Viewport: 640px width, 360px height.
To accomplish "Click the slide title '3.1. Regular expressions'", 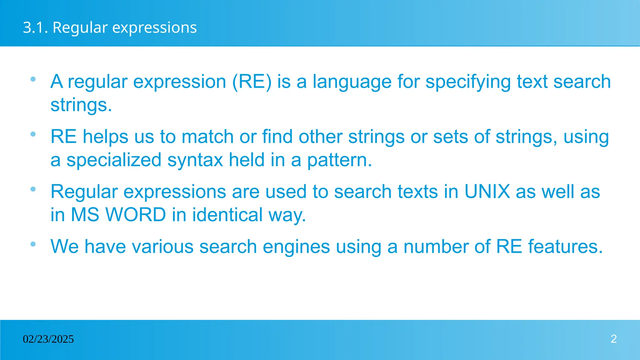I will pyautogui.click(x=110, y=27).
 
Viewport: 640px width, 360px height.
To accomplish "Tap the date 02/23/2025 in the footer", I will pyautogui.click(x=48, y=339).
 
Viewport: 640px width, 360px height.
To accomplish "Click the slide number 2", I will pyautogui.click(x=613, y=339).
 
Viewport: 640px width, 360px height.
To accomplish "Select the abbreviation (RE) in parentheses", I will pyautogui.click(x=252, y=82).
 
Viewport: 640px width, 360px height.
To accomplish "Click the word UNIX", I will pyautogui.click(x=487, y=192).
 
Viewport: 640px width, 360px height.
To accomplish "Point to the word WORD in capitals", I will pyautogui.click(x=136, y=215).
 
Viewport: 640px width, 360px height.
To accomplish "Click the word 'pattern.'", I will pyautogui.click(x=339, y=160).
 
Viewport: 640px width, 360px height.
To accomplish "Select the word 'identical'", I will pyautogui.click(x=227, y=215).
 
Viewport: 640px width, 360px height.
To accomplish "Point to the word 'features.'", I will pyautogui.click(x=565, y=247).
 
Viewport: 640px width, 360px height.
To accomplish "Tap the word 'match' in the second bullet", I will pyautogui.click(x=207, y=137).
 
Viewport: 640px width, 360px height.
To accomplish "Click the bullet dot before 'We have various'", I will pyautogui.click(x=33, y=244).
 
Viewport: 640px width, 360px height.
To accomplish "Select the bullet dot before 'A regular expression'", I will pyautogui.click(x=33, y=79).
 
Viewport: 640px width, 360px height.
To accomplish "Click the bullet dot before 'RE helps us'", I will pyautogui.click(x=33, y=134).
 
